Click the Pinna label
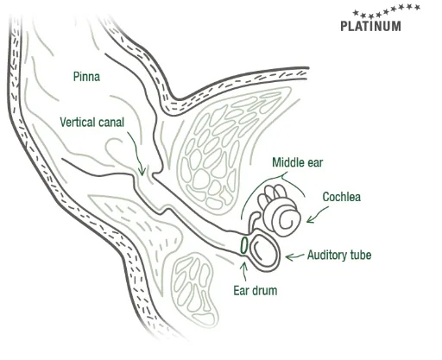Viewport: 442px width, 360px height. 86,77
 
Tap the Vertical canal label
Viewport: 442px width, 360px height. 92,123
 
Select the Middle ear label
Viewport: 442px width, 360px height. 298,162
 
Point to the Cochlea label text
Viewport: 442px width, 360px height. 341,197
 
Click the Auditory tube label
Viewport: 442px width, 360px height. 339,255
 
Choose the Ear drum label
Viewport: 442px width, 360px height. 256,290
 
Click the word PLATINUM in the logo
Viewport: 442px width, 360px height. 370,26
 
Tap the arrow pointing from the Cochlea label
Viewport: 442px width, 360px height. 317,215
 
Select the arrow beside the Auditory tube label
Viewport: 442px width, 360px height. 294,256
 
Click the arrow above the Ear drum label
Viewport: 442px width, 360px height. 244,272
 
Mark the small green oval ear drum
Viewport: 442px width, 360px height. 244,246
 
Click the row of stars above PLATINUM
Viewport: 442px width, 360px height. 386,11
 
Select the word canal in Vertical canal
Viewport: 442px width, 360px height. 111,123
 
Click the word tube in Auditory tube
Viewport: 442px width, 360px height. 360,255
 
